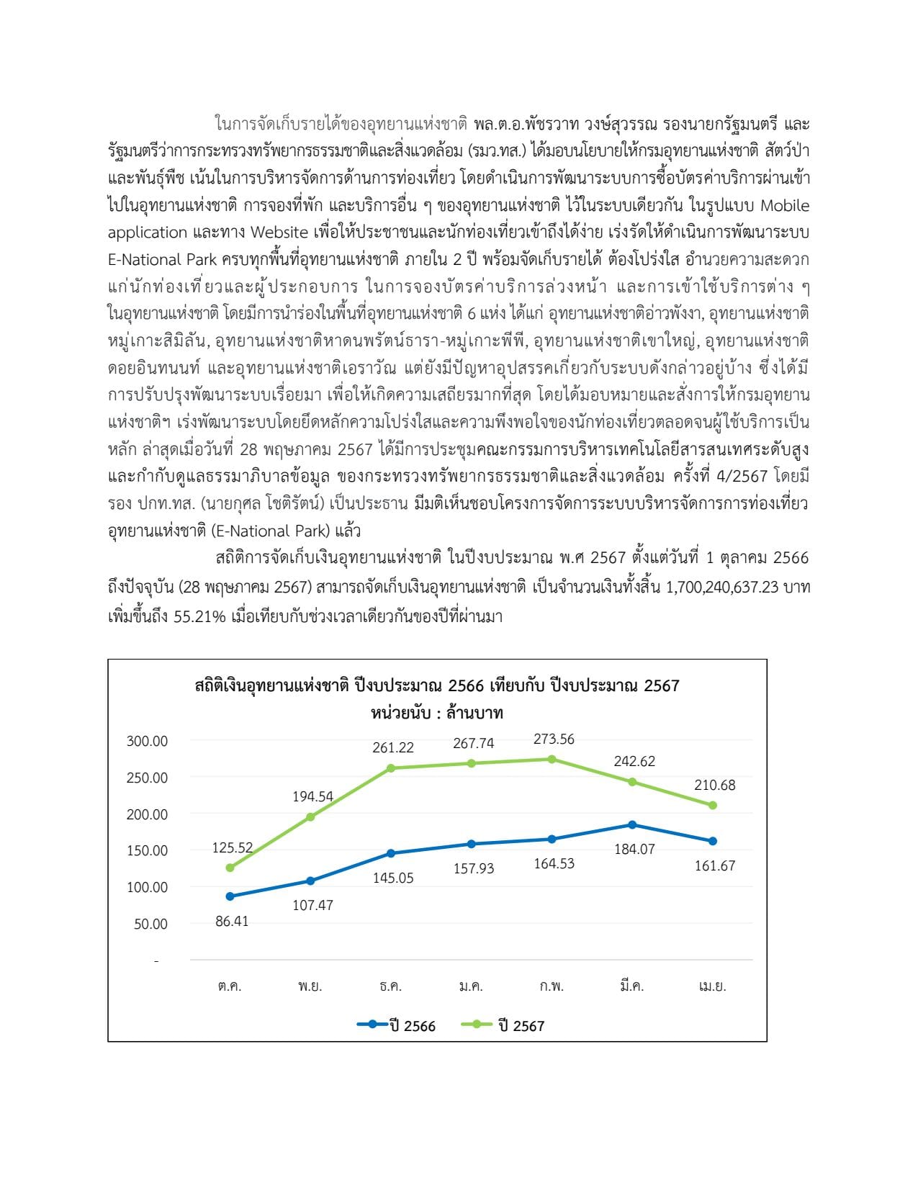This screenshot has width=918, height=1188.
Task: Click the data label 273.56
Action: [x=554, y=739]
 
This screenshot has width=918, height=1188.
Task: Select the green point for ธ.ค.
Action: [x=391, y=768]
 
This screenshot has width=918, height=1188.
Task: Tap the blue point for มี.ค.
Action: [x=632, y=824]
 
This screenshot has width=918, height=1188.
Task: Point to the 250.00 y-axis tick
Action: [x=147, y=778]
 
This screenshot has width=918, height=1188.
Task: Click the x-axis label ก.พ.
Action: [x=552, y=986]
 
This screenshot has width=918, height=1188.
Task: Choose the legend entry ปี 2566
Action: [x=397, y=1025]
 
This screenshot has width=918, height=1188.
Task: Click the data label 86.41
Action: [x=232, y=922]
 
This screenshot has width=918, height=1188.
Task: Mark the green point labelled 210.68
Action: [x=713, y=806]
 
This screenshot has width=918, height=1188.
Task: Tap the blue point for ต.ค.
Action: [x=230, y=896]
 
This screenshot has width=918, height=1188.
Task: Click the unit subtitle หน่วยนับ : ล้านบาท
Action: [x=437, y=714]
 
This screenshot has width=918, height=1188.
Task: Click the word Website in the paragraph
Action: [x=280, y=233]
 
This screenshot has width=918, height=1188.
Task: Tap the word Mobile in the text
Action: [x=785, y=206]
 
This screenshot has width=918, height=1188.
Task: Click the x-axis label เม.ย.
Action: [x=712, y=986]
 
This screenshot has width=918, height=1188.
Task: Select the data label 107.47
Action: [x=312, y=905]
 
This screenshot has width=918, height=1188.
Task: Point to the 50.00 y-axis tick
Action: [x=150, y=924]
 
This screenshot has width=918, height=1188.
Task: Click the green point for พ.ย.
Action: [x=310, y=817]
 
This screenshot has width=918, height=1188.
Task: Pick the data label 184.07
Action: [x=634, y=850]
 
